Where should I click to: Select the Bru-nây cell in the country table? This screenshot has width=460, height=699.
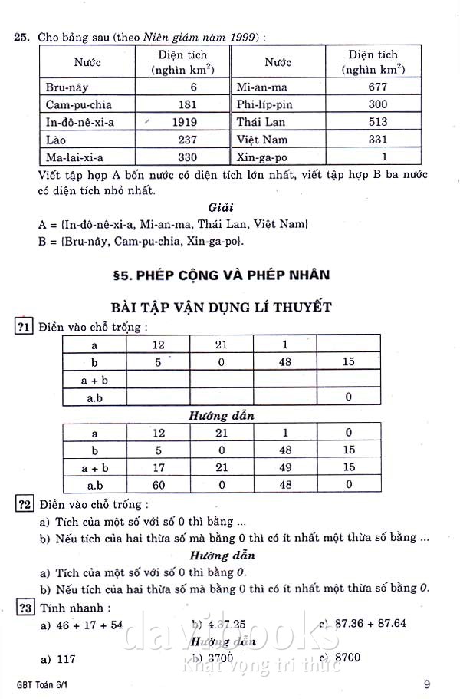coord(67,87)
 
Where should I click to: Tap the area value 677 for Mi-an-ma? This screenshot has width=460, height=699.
coord(377,87)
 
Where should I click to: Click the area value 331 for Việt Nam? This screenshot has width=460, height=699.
coord(377,140)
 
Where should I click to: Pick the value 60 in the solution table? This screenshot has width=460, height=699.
coord(158,485)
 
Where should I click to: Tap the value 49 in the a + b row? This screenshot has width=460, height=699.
coord(284,467)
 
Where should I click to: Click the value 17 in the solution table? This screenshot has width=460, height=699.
coord(158,467)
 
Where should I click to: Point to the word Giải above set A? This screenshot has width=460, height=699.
coord(222,207)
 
